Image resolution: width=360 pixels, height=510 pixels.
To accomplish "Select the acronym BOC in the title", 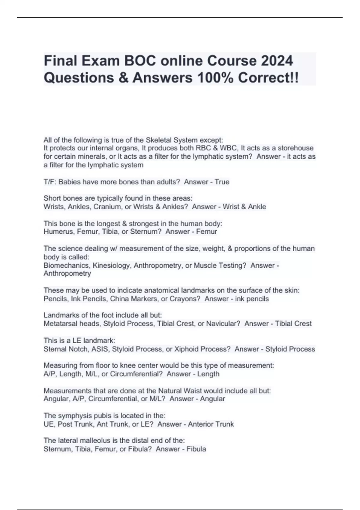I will point(138,61).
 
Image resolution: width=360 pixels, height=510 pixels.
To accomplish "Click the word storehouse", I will point(295,148).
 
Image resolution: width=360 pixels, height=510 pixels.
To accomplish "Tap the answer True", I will point(222,182).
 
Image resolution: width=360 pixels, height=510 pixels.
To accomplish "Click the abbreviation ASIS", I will point(100,349).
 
